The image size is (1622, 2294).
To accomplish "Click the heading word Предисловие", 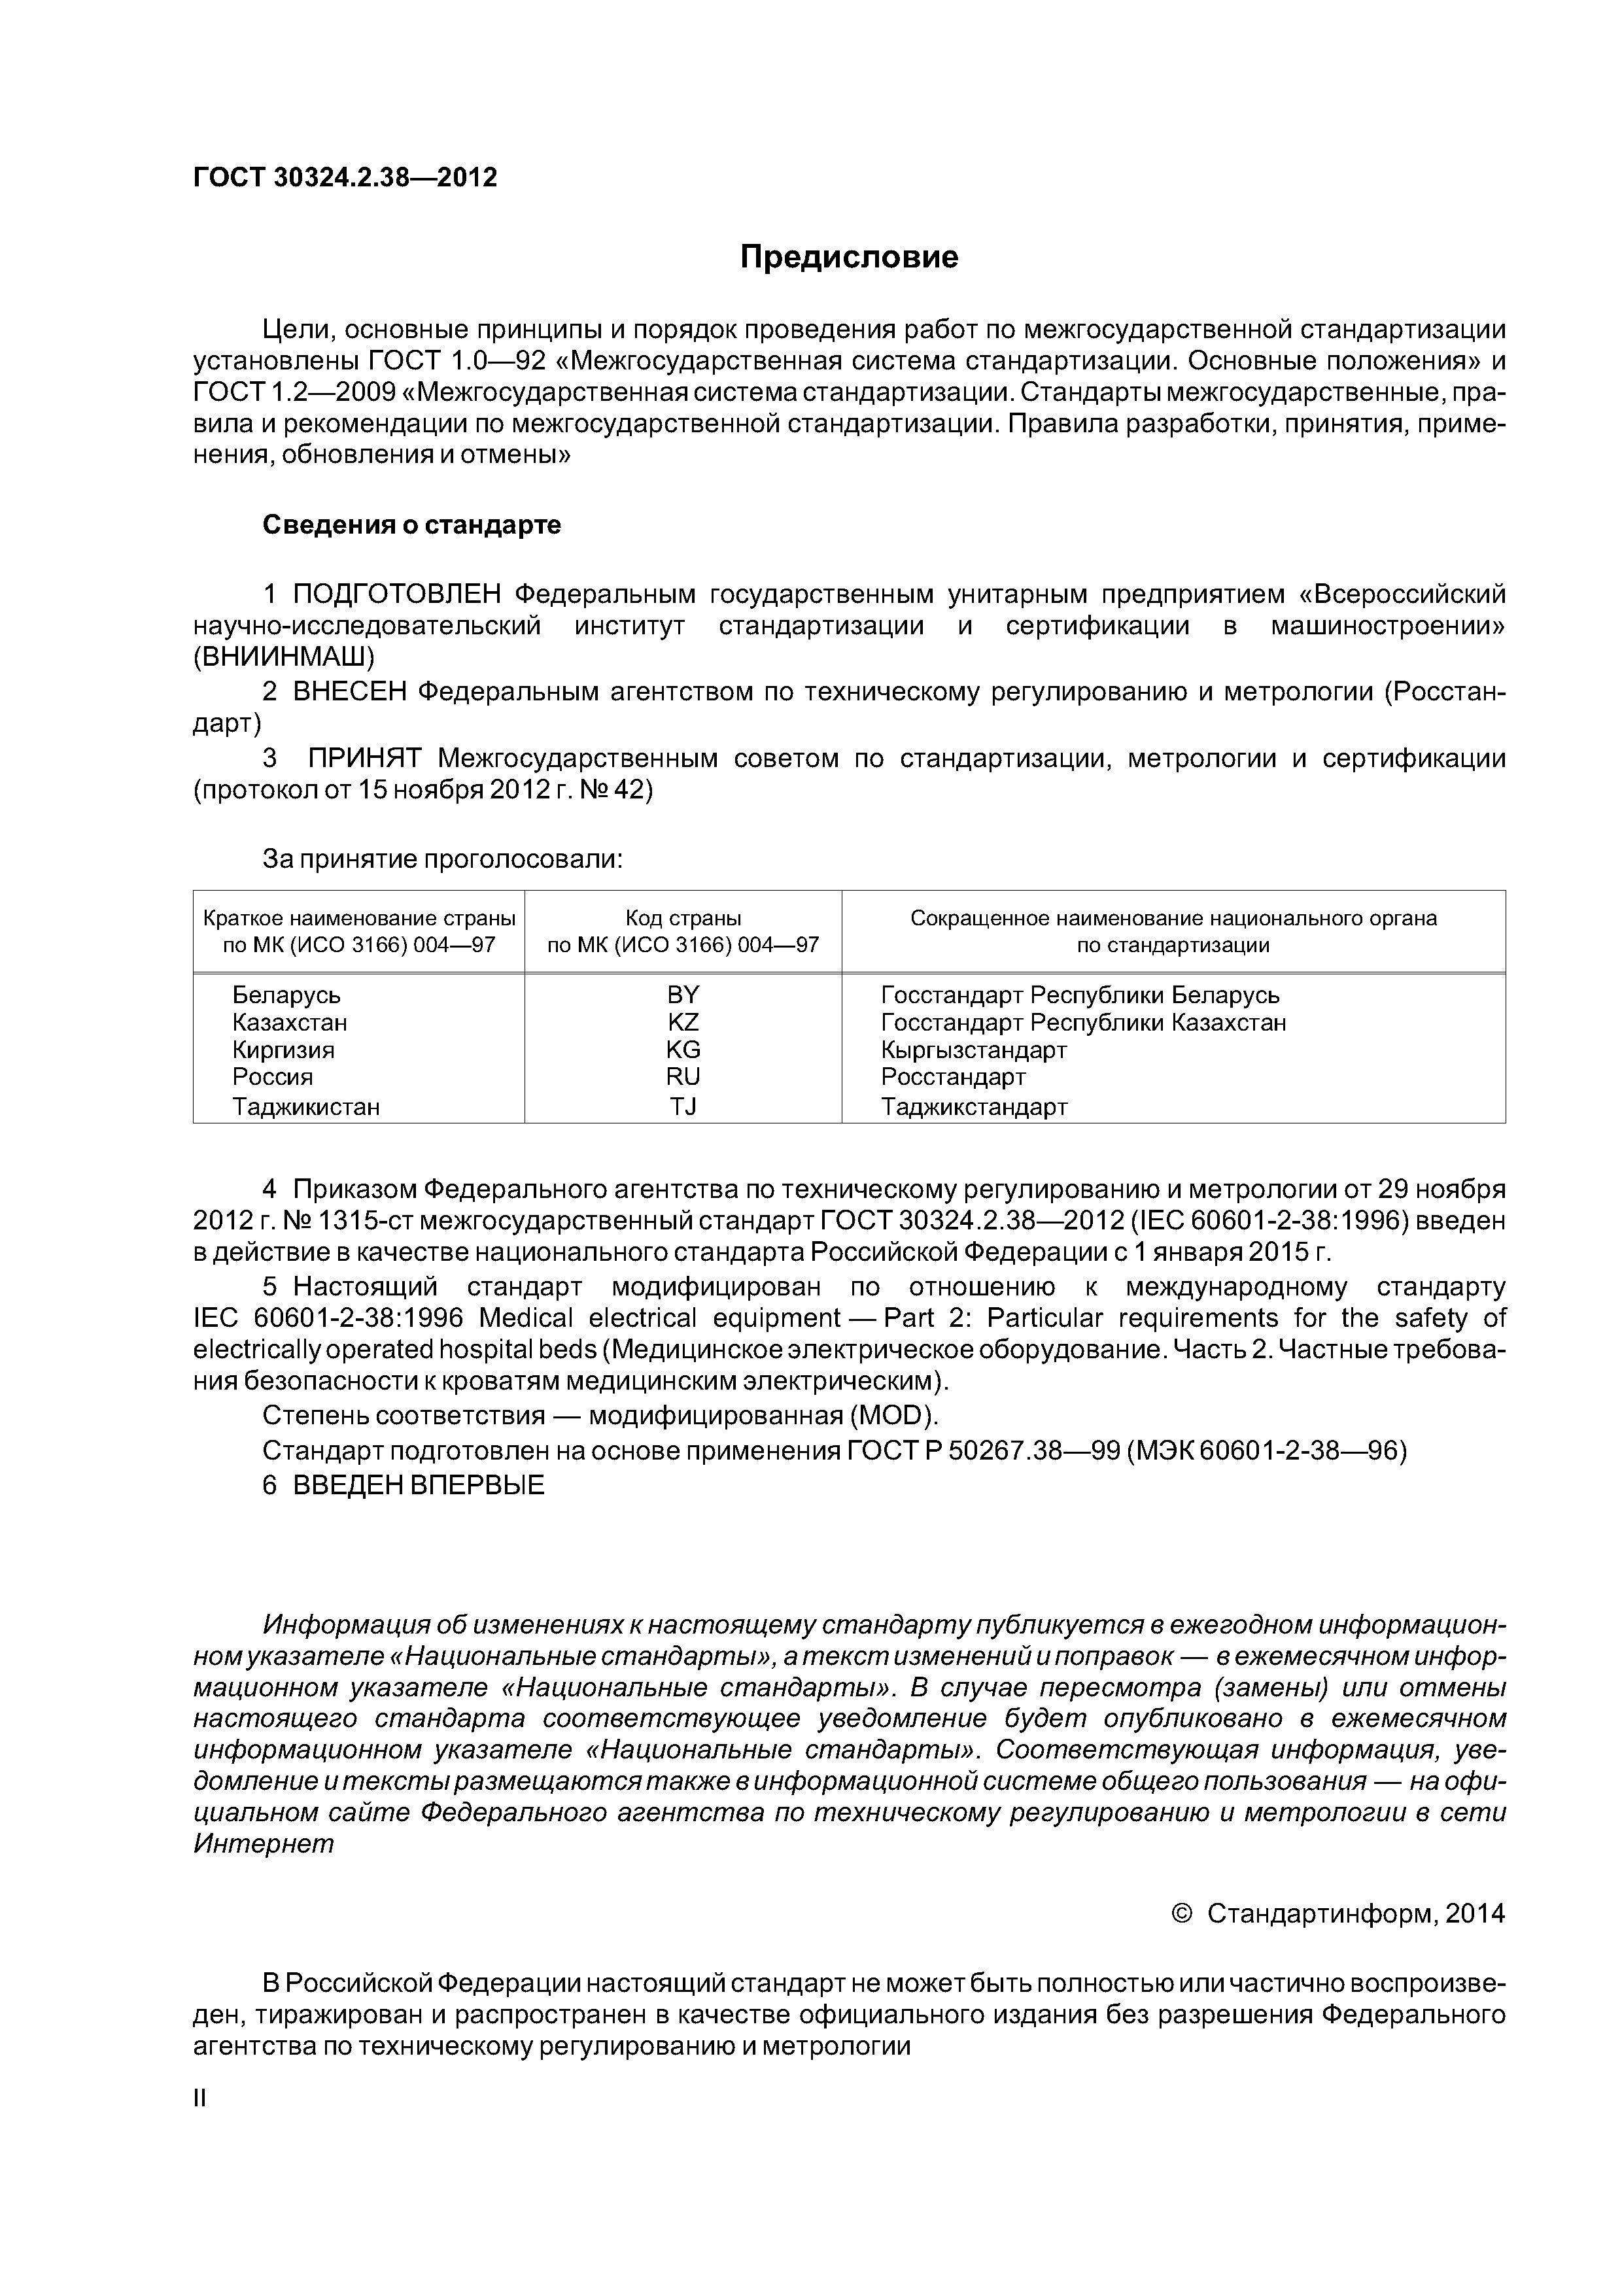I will (x=848, y=258).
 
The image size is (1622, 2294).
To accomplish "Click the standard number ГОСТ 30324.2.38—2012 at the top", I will (x=345, y=178).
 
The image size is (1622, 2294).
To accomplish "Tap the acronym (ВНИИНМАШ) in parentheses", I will (x=284, y=657).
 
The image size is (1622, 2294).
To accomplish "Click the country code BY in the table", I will (x=683, y=995).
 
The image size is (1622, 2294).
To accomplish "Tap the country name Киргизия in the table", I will (x=284, y=1050).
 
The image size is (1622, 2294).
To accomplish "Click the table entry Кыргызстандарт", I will (x=973, y=1050).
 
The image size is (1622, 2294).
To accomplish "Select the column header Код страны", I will (x=683, y=918).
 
